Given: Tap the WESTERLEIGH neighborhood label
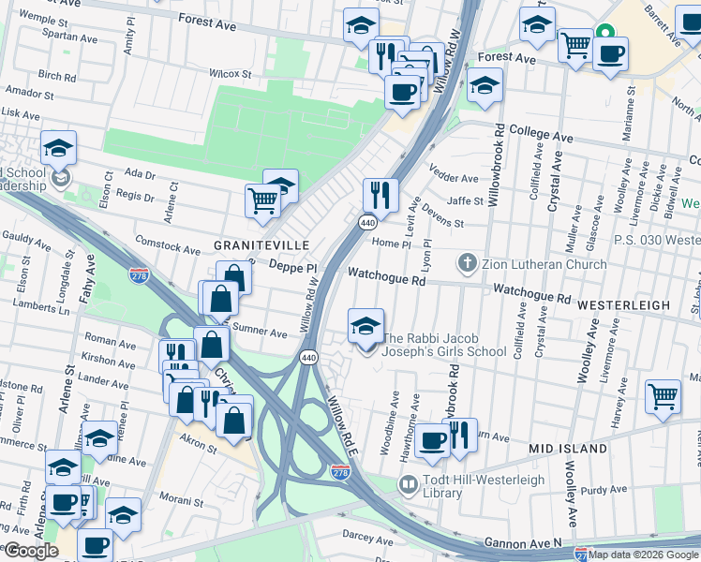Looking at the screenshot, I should tap(623, 305).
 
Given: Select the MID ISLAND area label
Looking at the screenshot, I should tap(568, 450).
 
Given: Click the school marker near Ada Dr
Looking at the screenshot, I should tap(58, 148).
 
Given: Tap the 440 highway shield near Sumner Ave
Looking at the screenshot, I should tap(307, 358).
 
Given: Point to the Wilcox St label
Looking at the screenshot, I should tap(231, 73).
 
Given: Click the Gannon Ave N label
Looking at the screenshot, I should tap(523, 542).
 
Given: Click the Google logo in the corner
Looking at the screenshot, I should tap(30, 551).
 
